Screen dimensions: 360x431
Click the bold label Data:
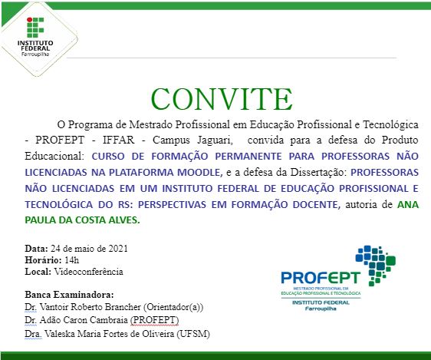[37, 249]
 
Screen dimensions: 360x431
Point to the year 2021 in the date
[116, 249]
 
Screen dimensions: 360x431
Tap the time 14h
[74, 260]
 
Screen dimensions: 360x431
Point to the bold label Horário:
[44, 260]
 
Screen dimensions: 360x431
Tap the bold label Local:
[38, 272]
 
